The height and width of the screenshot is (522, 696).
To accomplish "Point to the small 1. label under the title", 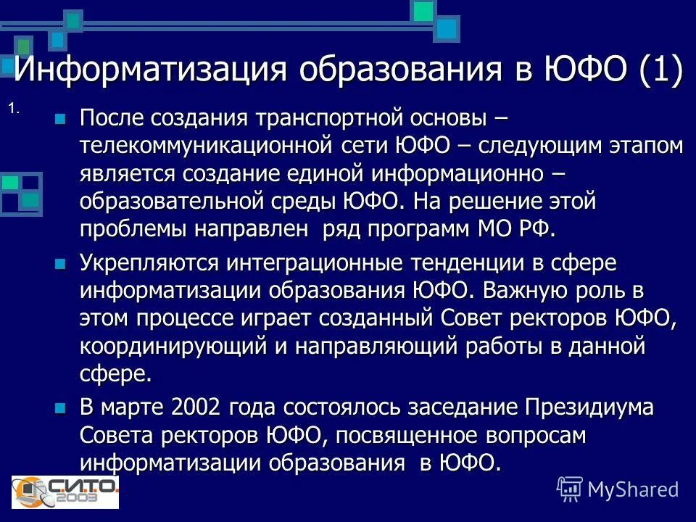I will [14, 109].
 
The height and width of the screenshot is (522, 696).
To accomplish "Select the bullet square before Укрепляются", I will [60, 262].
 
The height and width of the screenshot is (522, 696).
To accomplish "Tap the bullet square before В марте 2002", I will [60, 408].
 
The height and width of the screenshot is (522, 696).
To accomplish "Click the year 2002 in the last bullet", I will [195, 407].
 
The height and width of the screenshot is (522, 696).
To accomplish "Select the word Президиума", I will [590, 407].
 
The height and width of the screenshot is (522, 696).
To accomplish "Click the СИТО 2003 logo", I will [65, 491].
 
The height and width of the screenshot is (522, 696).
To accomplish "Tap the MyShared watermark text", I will [632, 489].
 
